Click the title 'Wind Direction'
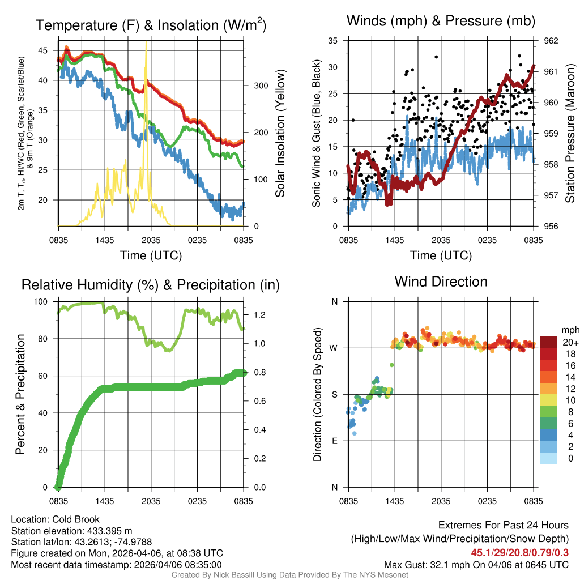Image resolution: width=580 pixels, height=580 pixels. click(x=441, y=282)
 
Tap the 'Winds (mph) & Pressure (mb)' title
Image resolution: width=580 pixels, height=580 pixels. click(x=441, y=22)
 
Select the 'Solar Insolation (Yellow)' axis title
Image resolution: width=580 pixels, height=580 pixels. click(x=280, y=133)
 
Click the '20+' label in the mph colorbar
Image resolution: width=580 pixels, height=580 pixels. click(x=570, y=343)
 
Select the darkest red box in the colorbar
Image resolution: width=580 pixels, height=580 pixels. click(x=548, y=343)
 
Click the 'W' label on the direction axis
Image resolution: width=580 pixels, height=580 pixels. click(x=334, y=348)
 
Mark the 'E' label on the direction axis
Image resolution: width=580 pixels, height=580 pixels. click(x=335, y=441)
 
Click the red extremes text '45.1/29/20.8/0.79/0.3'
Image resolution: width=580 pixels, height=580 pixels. click(x=519, y=552)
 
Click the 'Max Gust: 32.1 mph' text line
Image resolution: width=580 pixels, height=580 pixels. click(x=476, y=564)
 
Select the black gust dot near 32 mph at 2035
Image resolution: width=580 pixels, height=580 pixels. click(x=436, y=57)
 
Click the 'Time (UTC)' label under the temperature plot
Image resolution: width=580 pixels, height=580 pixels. click(x=151, y=255)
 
